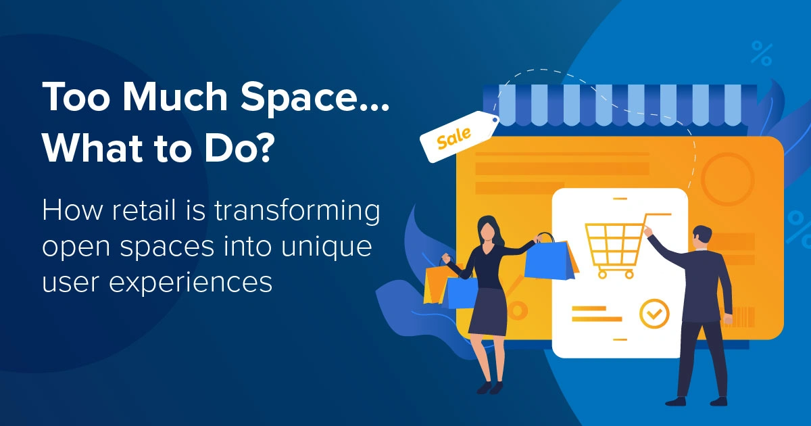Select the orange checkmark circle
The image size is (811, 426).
(654, 312)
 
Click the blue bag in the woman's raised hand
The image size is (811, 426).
(549, 260)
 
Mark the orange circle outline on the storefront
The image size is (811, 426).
(727, 179)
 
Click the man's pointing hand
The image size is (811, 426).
(647, 231)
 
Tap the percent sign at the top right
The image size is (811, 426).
(762, 53)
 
